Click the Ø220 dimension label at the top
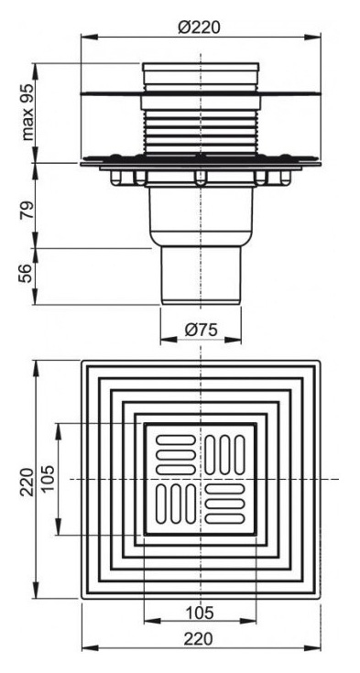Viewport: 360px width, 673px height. click(x=200, y=27)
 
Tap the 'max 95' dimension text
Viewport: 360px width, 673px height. click(x=27, y=113)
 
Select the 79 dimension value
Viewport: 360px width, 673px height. click(x=27, y=210)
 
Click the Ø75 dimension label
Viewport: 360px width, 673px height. click(x=201, y=330)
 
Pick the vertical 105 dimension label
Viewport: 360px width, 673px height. click(x=47, y=479)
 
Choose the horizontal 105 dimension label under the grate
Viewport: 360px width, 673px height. click(x=200, y=613)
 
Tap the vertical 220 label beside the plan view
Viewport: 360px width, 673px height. click(x=27, y=482)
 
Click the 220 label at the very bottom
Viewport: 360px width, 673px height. click(x=199, y=640)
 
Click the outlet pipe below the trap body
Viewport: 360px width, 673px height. click(x=201, y=275)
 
